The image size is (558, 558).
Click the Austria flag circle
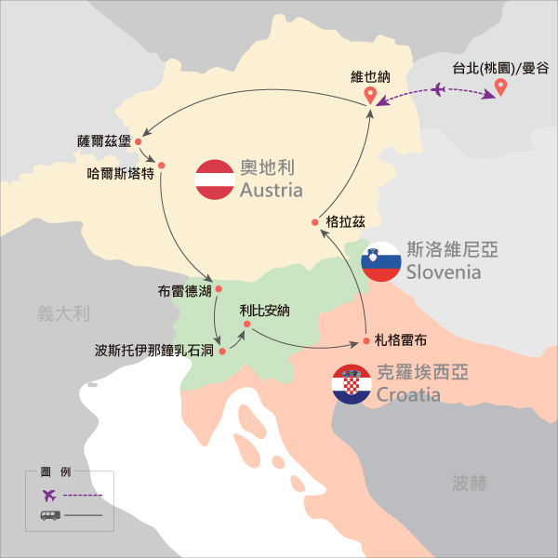[214, 179]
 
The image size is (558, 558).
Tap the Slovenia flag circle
[381, 262]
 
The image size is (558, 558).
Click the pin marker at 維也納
[370, 95]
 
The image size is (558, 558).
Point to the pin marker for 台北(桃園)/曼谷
[501, 87]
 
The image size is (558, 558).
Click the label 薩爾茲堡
[103, 141]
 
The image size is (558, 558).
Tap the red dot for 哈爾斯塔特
[161, 166]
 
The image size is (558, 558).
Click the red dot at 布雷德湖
[219, 289]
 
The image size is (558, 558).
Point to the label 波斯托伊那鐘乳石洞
[155, 352]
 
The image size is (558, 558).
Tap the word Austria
[271, 191]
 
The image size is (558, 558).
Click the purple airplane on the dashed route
[438, 89]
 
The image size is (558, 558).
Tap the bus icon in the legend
[49, 514]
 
